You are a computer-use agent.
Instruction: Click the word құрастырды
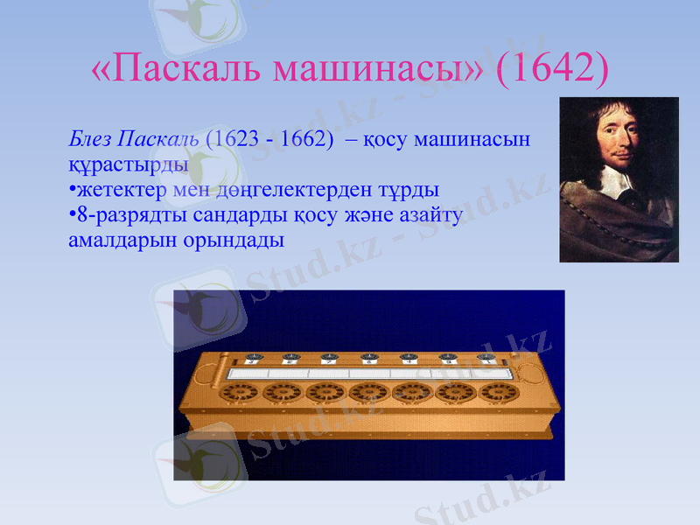click(x=128, y=164)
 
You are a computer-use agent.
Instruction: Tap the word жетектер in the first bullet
click(x=118, y=189)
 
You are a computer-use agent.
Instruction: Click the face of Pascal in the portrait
click(x=612, y=140)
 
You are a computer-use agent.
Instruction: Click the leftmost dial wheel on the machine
click(x=239, y=393)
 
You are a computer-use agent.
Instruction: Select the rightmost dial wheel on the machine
click(x=494, y=393)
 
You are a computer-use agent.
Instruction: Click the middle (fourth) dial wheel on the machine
click(x=367, y=393)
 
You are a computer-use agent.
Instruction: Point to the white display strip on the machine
click(x=367, y=373)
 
